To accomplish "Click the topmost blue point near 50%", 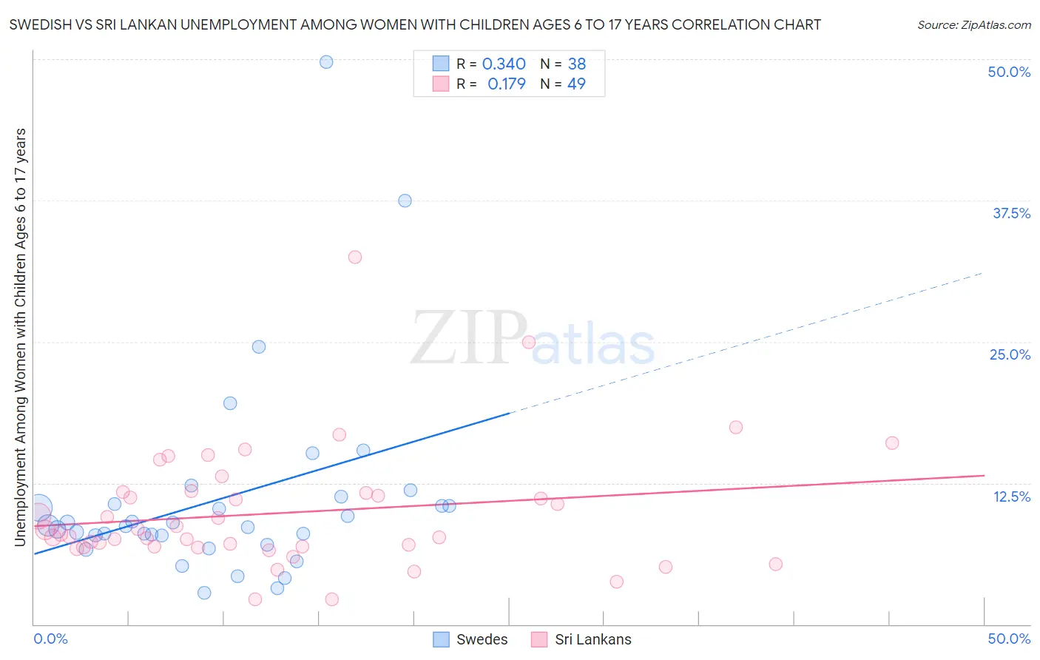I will (x=326, y=62).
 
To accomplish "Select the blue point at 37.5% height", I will (x=405, y=201).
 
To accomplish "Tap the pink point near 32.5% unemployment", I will (x=355, y=257).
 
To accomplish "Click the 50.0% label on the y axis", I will (x=1009, y=72).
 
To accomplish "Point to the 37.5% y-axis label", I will (x=1011, y=213).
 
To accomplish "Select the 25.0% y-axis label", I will (x=1010, y=354).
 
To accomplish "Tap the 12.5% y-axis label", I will (x=1011, y=496).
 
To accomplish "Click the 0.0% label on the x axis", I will (x=50, y=639).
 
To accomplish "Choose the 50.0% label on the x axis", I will (x=1009, y=639).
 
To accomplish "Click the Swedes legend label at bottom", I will (x=482, y=639).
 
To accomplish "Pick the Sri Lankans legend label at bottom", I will (x=593, y=639).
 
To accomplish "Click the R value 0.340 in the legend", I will (x=504, y=64).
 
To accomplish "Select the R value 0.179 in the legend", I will (x=507, y=84).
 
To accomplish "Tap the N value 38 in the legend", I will (x=577, y=64).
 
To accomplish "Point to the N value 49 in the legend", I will (x=577, y=84).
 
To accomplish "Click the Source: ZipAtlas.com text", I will (x=973, y=25).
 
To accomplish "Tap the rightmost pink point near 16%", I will (x=892, y=443).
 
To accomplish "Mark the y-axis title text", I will (x=21, y=337).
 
